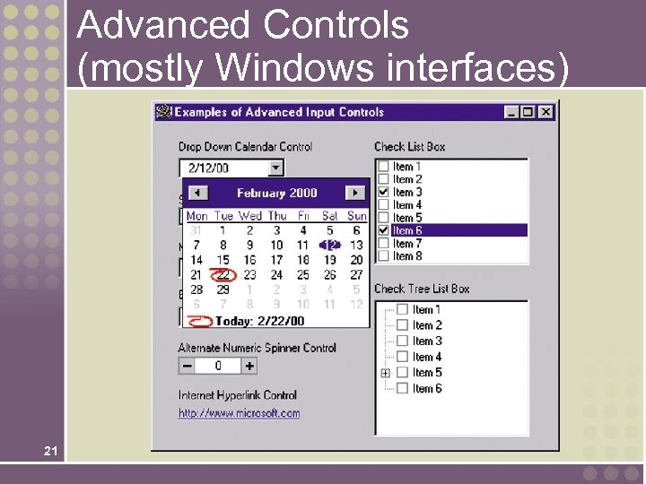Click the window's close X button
546,112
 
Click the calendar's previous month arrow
197,193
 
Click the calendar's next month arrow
355,193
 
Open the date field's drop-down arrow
275,168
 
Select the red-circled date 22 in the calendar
223,275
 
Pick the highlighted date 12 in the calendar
330,245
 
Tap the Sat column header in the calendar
329,216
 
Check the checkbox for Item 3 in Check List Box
384,192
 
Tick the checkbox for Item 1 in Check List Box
384,167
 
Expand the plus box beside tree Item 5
385,373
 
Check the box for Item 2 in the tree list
403,325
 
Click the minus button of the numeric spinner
187,366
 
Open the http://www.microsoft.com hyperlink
239,413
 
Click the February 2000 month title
276,193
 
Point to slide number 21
50,451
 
